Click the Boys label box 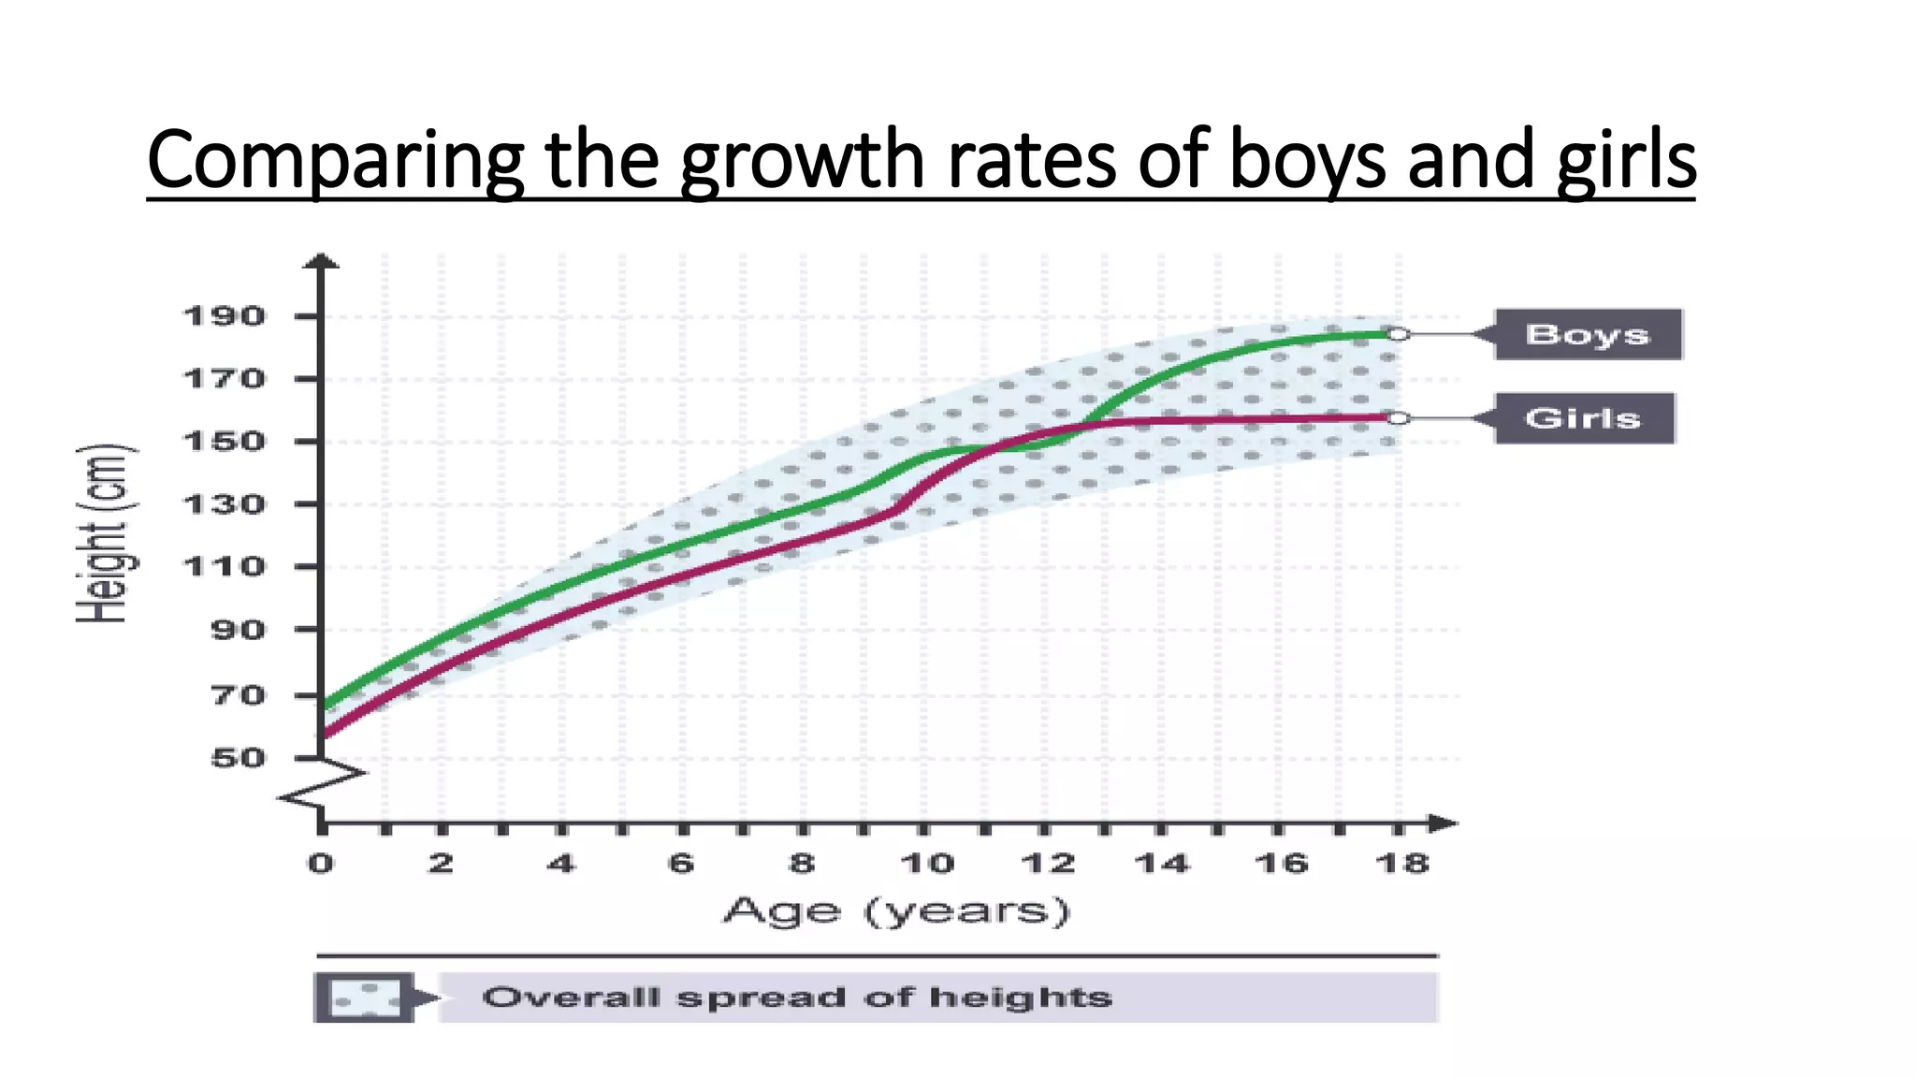[1588, 334]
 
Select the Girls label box [1583, 417]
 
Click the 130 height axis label [224, 504]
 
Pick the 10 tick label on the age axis [926, 863]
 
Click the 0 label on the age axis [321, 863]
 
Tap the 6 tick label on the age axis [681, 863]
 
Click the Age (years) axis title [895, 911]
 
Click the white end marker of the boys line [1398, 334]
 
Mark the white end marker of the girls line [1397, 418]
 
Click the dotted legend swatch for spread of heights [365, 998]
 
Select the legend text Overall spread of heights [797, 998]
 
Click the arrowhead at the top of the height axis [322, 260]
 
